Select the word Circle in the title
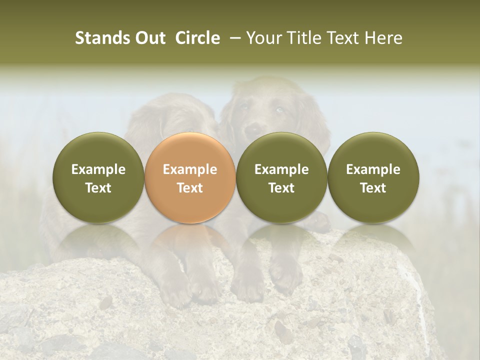click(x=197, y=38)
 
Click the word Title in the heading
click(x=304, y=38)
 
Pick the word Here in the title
click(x=382, y=38)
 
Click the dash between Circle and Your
click(x=233, y=38)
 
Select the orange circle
click(x=190, y=177)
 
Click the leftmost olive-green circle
click(x=98, y=177)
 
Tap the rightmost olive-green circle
click(x=373, y=177)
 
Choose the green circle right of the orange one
click(x=281, y=177)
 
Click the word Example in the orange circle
click(x=190, y=169)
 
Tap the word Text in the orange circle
click(x=190, y=188)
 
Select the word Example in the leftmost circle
click(x=98, y=169)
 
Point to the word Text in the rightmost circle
click(x=373, y=188)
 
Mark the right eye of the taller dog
click(x=280, y=110)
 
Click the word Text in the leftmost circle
click(x=98, y=188)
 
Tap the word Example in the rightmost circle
click(x=373, y=169)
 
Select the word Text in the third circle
click(x=281, y=188)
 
